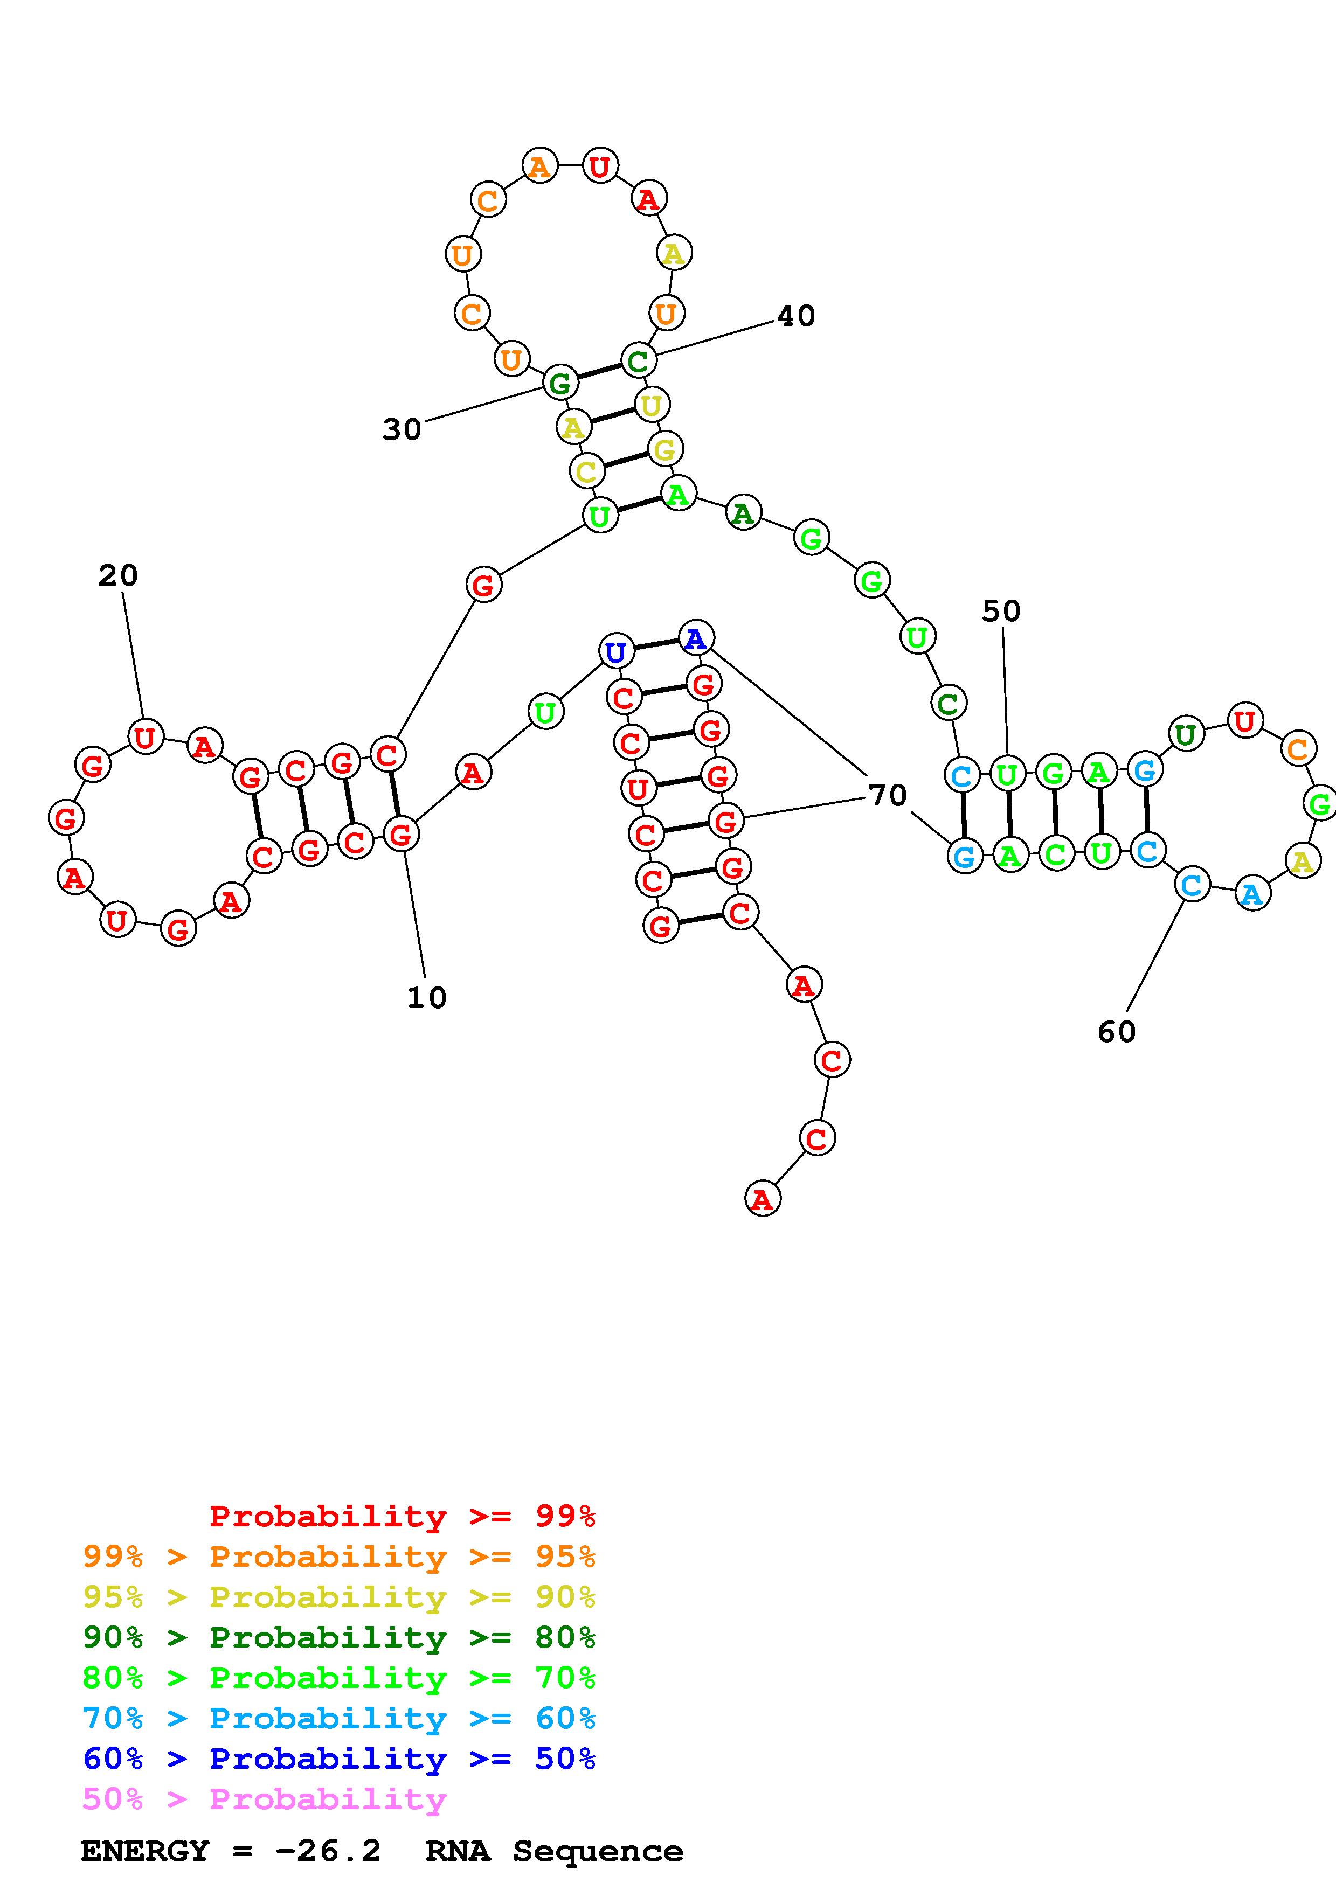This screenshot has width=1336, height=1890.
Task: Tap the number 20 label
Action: [x=117, y=575]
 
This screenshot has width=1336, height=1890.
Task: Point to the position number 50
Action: [x=1001, y=611]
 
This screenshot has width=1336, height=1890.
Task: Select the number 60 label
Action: [x=1116, y=1031]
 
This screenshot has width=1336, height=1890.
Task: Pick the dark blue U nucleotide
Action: [x=616, y=652]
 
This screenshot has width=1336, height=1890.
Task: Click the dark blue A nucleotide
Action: [x=696, y=638]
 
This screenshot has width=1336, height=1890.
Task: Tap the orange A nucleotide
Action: [x=539, y=167]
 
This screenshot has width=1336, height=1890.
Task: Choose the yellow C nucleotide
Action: [x=586, y=471]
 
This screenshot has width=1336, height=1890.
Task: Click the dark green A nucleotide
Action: [x=743, y=513]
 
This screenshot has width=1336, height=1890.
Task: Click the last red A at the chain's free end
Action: [x=762, y=1199]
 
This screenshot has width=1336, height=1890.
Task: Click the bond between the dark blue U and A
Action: [x=656, y=644]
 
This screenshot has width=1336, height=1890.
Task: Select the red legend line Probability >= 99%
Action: [x=402, y=1516]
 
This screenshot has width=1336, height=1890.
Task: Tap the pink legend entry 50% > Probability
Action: [x=264, y=1798]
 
